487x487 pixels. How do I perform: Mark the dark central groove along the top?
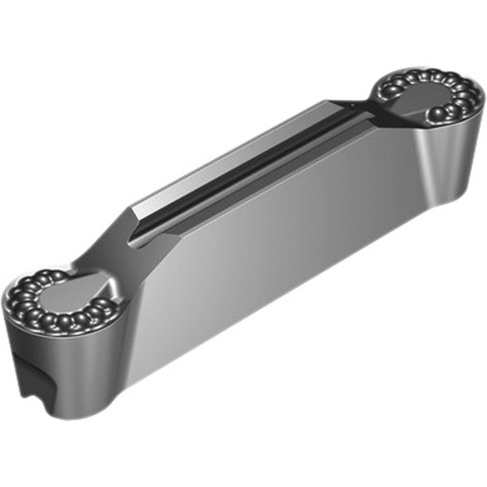[256, 164]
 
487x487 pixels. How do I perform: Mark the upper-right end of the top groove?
[359, 110]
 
